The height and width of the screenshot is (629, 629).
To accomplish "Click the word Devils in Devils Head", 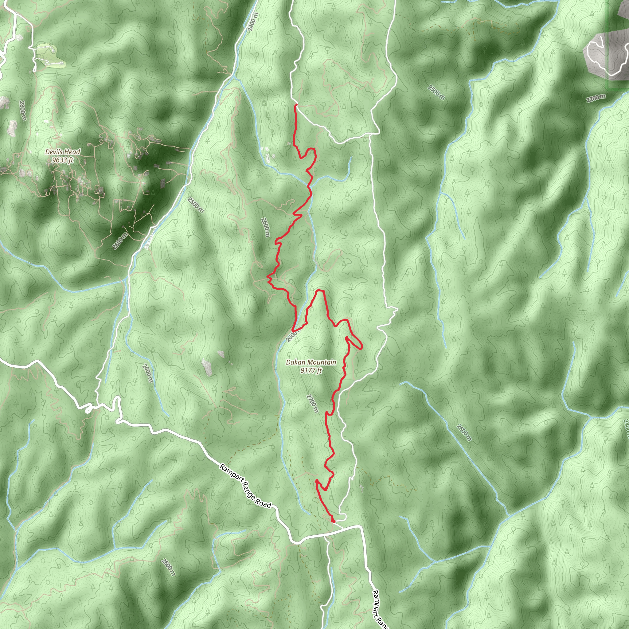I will pyautogui.click(x=54, y=152).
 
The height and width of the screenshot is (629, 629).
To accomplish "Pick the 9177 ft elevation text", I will pyautogui.click(x=311, y=370).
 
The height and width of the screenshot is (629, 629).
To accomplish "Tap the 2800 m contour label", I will pyautogui.click(x=22, y=111).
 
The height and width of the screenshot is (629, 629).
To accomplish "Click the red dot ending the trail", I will pyautogui.click(x=333, y=521).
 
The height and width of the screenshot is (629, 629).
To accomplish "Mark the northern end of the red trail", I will pyautogui.click(x=295, y=105).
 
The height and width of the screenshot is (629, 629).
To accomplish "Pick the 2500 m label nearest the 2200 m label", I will pyautogui.click(x=436, y=92).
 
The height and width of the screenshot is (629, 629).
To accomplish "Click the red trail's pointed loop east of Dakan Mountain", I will pyautogui.click(x=361, y=347).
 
